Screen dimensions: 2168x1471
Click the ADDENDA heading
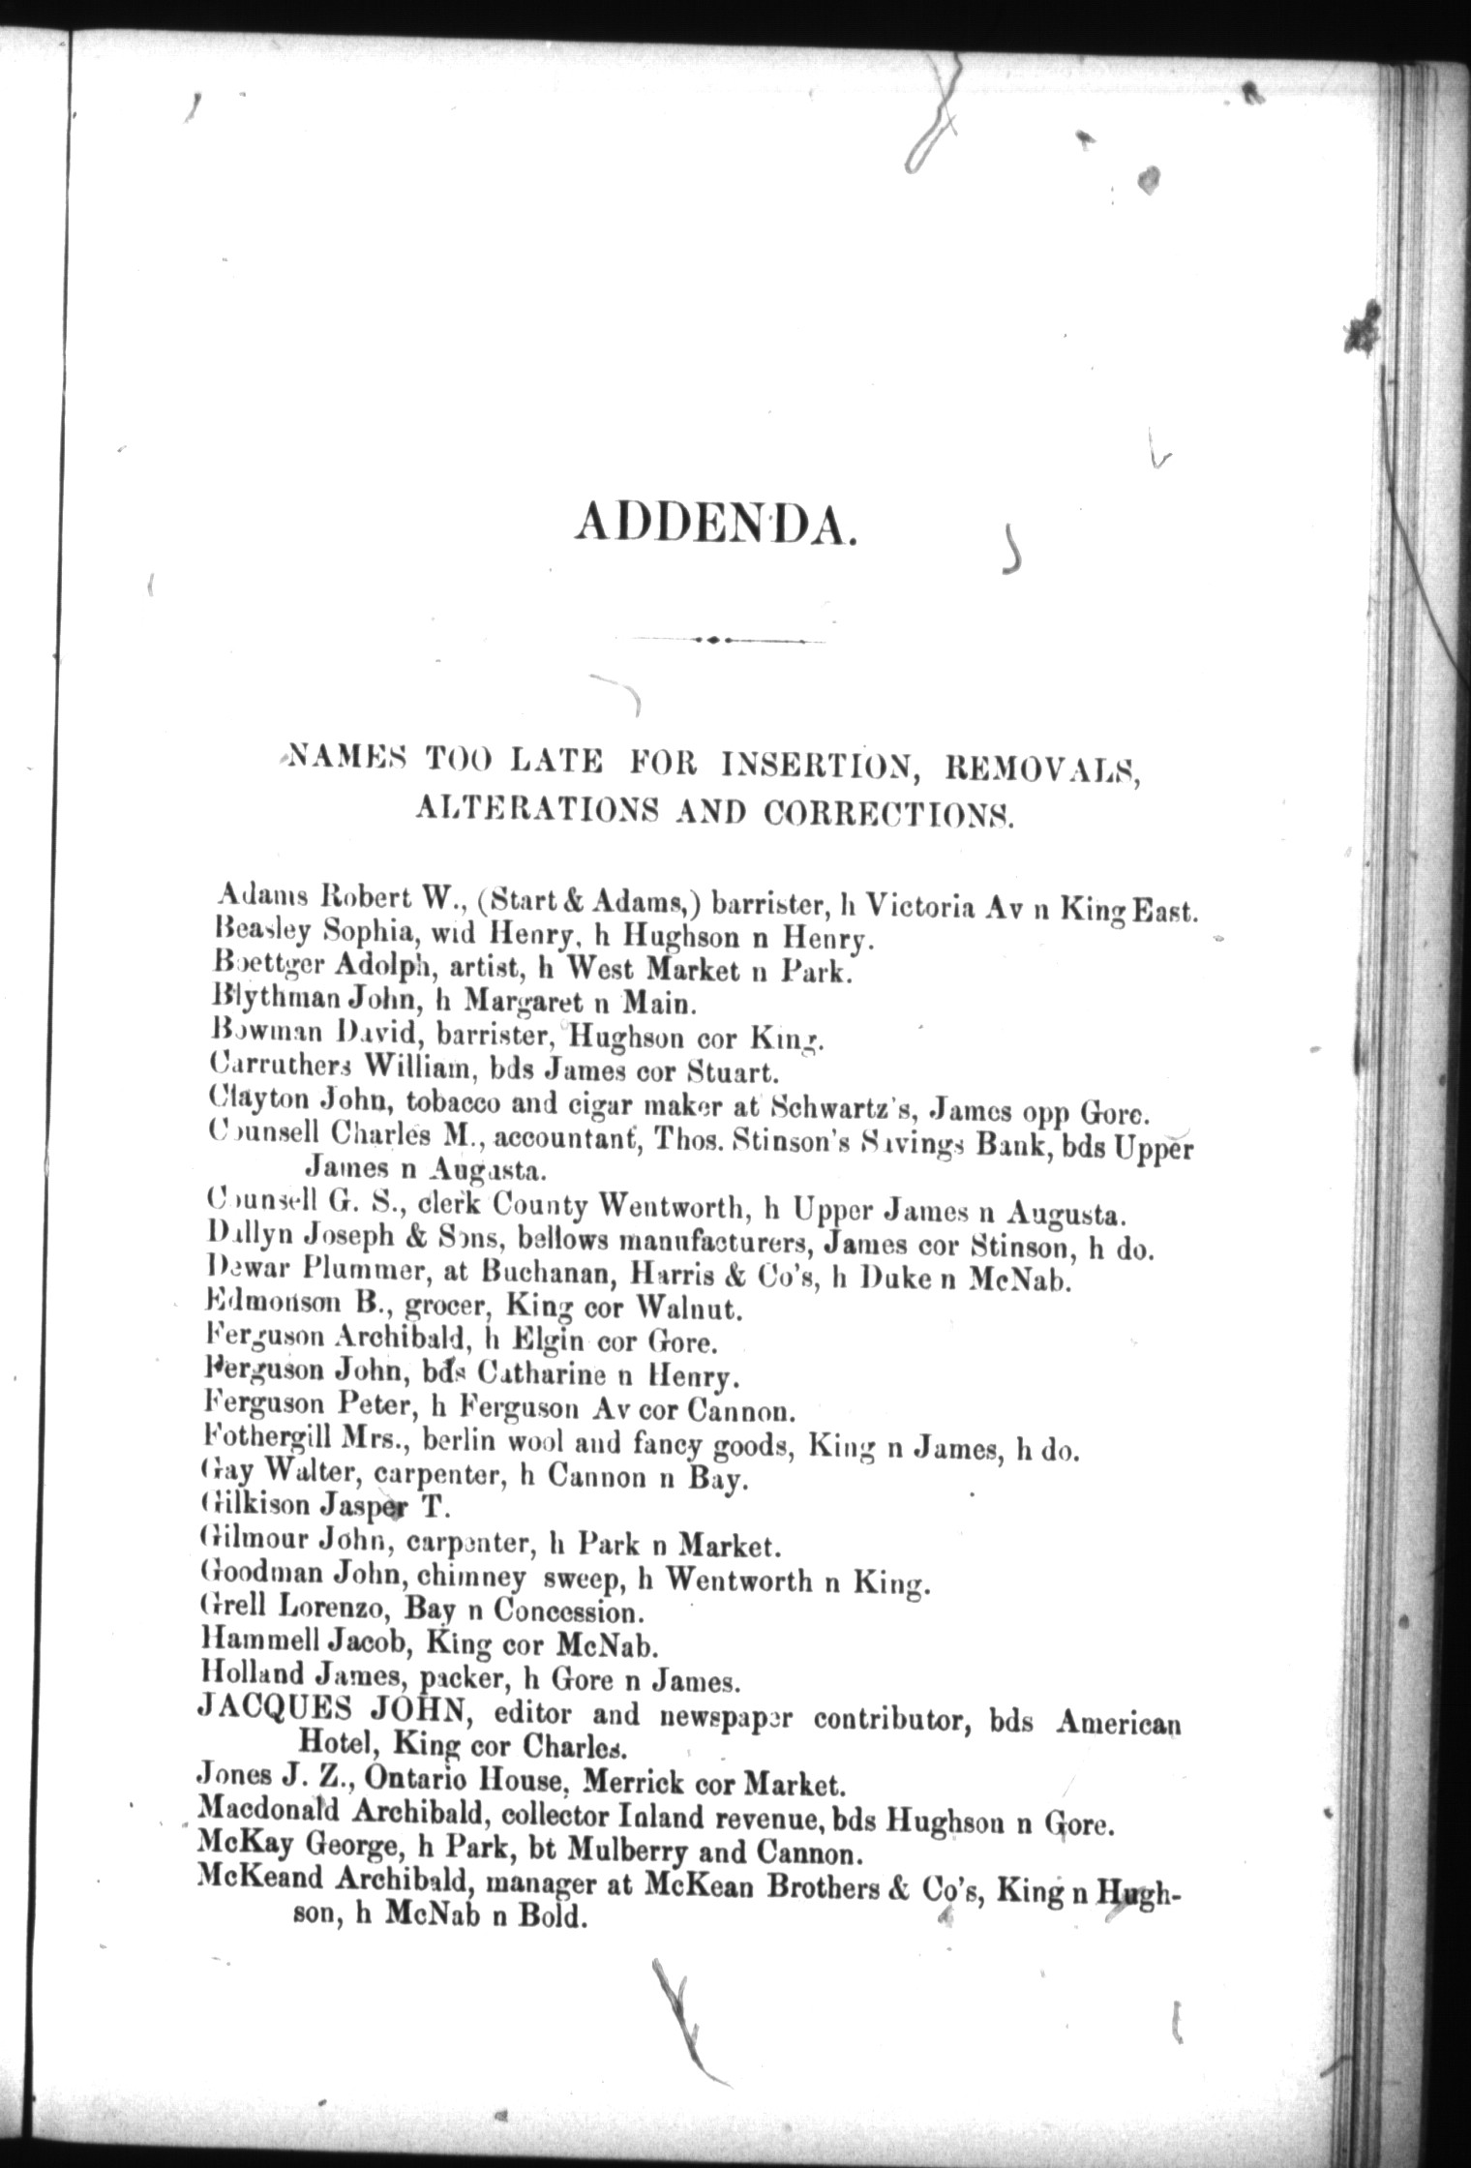[x=715, y=527]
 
